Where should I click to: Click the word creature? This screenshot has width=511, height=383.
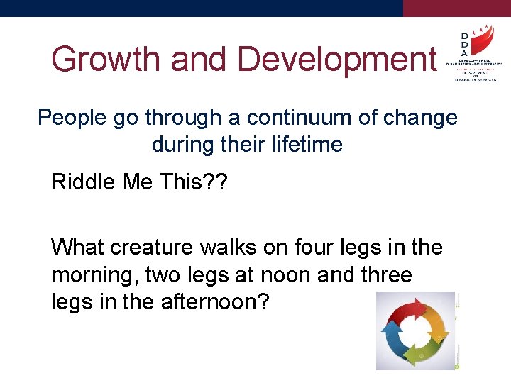point(152,248)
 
